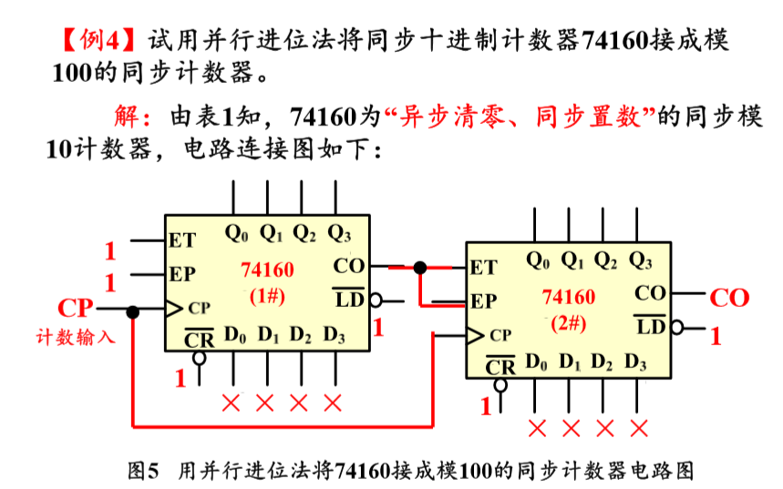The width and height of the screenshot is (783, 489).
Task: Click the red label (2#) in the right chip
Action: coord(568,323)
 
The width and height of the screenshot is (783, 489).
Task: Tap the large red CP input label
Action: coord(76,308)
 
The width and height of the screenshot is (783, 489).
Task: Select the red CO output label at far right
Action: coord(728,297)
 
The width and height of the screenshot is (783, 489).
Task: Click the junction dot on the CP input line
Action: coord(133,312)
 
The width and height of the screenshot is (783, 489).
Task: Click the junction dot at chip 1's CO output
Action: coord(419,267)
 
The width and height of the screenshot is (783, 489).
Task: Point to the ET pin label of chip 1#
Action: coord(182,241)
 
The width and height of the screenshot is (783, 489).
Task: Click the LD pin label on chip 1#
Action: coord(349,297)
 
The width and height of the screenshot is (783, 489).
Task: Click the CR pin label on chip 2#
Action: coord(500,367)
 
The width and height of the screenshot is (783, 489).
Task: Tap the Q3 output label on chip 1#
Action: coord(339,233)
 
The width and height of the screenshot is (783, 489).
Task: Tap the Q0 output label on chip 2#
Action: coord(539,260)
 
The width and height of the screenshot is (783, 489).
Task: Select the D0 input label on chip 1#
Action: coord(235,334)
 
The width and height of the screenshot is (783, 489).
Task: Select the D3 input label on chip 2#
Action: coord(636,362)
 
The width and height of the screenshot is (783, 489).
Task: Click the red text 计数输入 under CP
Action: coord(76,336)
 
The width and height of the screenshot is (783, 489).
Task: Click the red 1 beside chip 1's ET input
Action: coord(110,250)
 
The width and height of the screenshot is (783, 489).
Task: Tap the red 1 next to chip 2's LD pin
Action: coord(716,337)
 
